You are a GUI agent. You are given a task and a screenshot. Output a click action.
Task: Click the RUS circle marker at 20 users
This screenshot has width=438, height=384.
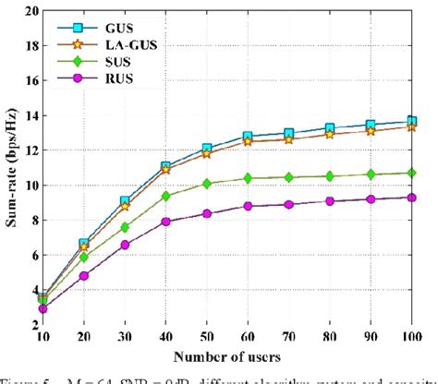(85, 275)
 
